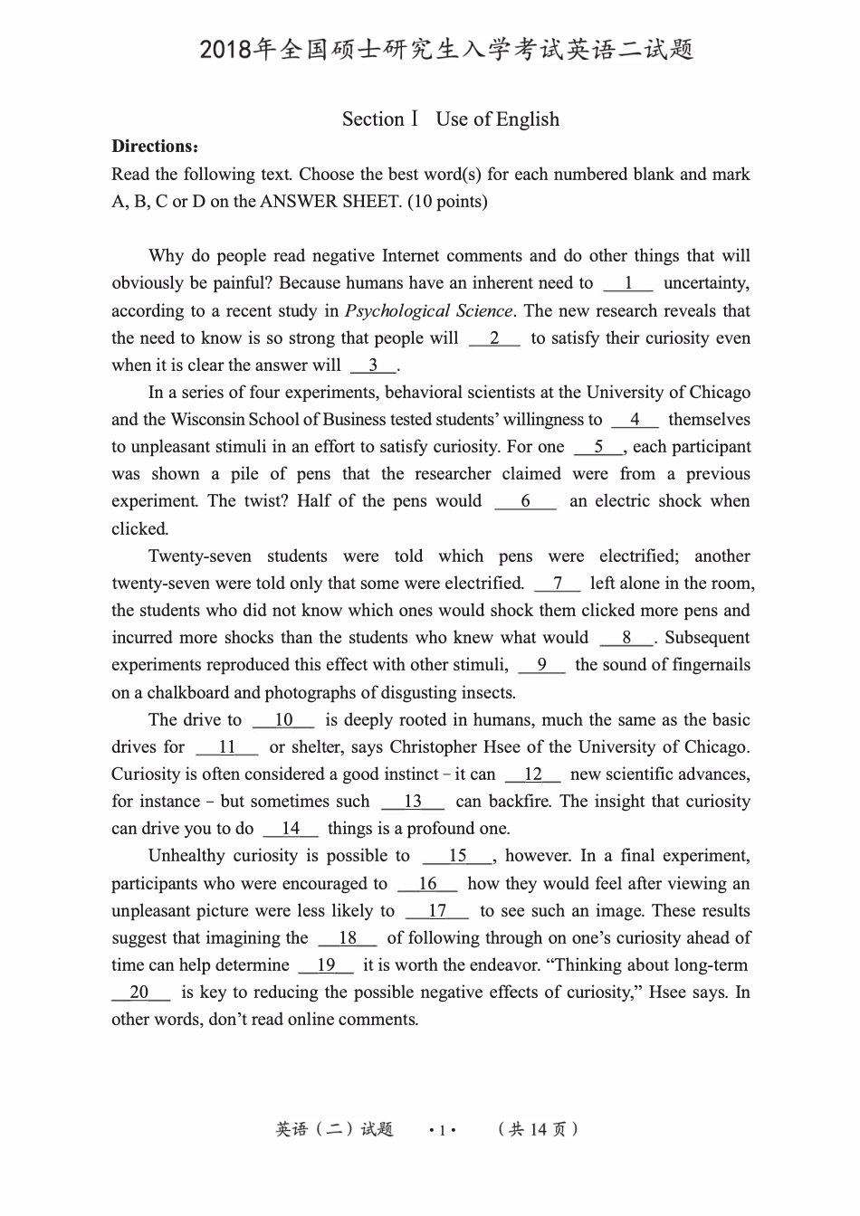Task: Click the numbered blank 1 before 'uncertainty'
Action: pyautogui.click(x=627, y=283)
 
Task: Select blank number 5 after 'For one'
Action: pyautogui.click(x=598, y=447)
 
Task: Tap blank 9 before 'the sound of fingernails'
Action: pyautogui.click(x=541, y=665)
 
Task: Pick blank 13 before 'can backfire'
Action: pyautogui.click(x=413, y=802)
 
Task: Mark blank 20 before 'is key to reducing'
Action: pyautogui.click(x=140, y=993)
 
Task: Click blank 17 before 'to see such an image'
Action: pyautogui.click(x=437, y=911)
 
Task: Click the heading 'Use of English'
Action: pyautogui.click(x=497, y=119)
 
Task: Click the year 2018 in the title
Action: pyautogui.click(x=225, y=50)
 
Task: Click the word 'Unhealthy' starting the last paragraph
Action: pyautogui.click(x=186, y=856)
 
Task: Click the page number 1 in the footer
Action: pyautogui.click(x=441, y=1130)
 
